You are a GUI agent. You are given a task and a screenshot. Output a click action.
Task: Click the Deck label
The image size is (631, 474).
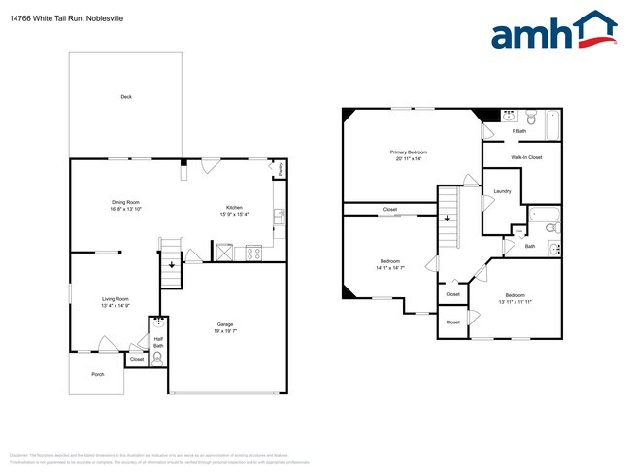click(x=125, y=97)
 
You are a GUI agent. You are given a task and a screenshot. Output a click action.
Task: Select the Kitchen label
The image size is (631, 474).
click(x=234, y=208)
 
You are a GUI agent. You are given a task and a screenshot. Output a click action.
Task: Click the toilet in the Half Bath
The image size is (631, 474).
click(x=157, y=356)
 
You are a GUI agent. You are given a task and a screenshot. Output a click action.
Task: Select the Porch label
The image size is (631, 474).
click(x=97, y=373)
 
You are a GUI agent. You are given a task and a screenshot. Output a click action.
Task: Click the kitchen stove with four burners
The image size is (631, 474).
click(x=253, y=254)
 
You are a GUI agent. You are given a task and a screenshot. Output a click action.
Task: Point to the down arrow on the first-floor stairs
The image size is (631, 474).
click(x=172, y=263)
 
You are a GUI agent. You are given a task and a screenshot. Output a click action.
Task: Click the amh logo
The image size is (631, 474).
click(x=553, y=32)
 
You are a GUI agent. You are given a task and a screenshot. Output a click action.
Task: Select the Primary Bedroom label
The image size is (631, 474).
click(x=409, y=152)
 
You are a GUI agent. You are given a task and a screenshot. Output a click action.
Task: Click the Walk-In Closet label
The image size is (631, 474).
click(x=525, y=156)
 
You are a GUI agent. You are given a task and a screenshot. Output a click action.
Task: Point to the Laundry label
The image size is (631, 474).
click(x=502, y=191)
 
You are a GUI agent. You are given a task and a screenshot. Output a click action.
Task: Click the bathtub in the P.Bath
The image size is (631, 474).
click(x=552, y=125)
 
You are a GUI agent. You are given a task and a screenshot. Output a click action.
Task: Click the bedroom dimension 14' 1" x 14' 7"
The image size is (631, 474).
click(x=390, y=268)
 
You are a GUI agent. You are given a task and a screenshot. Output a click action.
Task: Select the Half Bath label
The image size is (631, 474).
click(x=157, y=342)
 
